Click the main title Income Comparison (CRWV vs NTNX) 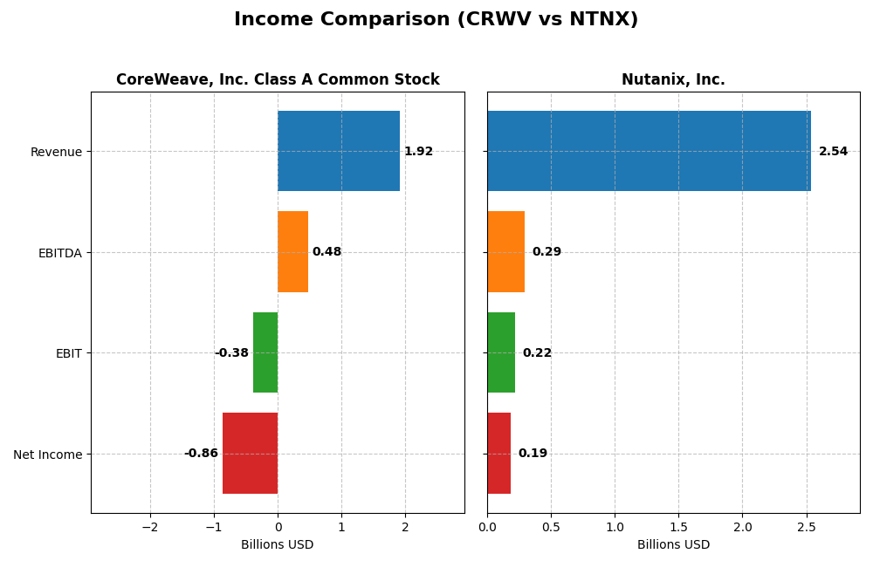click(436, 19)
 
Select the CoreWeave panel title click(278, 80)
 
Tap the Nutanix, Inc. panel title click(673, 80)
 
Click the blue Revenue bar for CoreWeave click(339, 151)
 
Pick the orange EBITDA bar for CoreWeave click(292, 252)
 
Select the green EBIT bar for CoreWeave click(265, 352)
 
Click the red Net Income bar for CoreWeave click(250, 454)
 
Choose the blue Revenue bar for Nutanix click(649, 151)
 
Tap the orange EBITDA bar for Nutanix click(505, 252)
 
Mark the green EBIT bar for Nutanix click(501, 352)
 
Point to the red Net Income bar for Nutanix click(498, 454)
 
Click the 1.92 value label click(418, 152)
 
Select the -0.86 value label click(201, 454)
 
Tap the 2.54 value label click(833, 152)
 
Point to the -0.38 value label click(231, 353)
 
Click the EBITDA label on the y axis click(59, 253)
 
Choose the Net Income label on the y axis click(48, 455)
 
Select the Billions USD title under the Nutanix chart click(673, 545)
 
